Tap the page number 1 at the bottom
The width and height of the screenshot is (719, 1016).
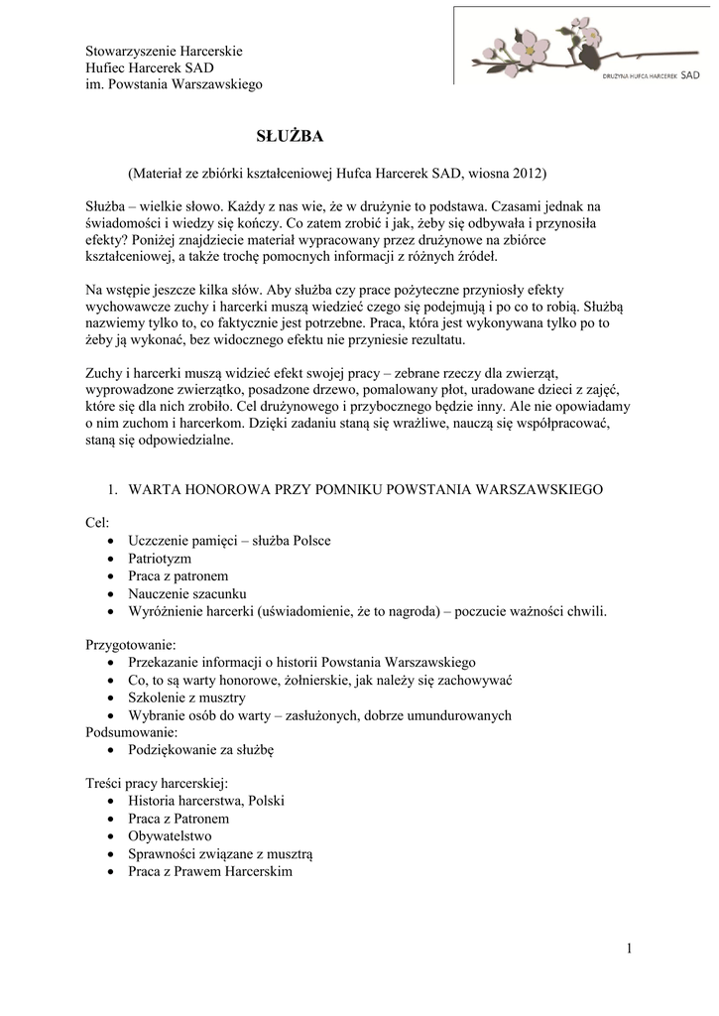tap(629, 950)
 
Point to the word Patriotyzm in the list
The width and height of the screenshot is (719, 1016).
tap(160, 559)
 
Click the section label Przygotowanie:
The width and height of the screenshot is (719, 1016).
tap(131, 644)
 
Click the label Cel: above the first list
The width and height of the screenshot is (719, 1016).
tap(97, 523)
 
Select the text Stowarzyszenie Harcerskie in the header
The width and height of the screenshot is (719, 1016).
tap(164, 50)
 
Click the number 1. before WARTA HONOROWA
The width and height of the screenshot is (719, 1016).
tap(112, 490)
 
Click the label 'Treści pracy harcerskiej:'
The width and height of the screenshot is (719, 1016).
tap(158, 784)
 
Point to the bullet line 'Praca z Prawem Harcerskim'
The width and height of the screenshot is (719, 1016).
tap(210, 872)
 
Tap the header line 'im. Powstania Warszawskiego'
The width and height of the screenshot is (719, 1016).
tap(174, 85)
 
